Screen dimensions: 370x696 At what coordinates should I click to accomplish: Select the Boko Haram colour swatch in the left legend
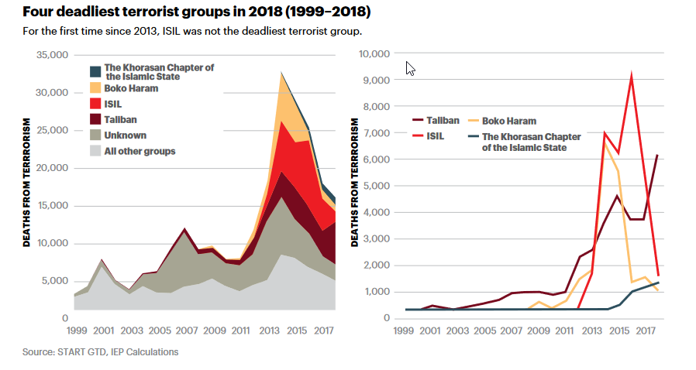tap(95, 89)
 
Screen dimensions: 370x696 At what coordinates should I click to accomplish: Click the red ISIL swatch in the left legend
tap(95, 104)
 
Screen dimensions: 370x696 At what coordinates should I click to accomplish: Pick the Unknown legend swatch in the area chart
tap(95, 135)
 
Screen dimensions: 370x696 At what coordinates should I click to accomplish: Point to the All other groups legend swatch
tap(95, 151)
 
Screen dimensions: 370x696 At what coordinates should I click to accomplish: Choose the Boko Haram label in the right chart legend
tap(509, 121)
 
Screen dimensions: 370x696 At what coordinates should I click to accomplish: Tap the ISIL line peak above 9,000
tap(632, 75)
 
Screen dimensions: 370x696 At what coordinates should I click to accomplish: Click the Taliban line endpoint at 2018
tap(657, 156)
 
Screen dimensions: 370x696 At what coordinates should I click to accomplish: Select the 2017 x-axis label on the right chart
tap(646, 331)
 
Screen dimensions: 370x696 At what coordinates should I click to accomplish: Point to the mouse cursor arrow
tap(410, 68)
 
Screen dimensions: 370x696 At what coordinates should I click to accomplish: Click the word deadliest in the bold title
tap(83, 12)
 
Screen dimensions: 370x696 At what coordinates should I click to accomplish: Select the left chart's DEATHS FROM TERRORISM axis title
tap(27, 183)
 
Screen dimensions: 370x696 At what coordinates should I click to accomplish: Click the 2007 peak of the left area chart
tap(184, 229)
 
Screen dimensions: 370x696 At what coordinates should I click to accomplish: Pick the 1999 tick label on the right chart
tap(402, 331)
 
